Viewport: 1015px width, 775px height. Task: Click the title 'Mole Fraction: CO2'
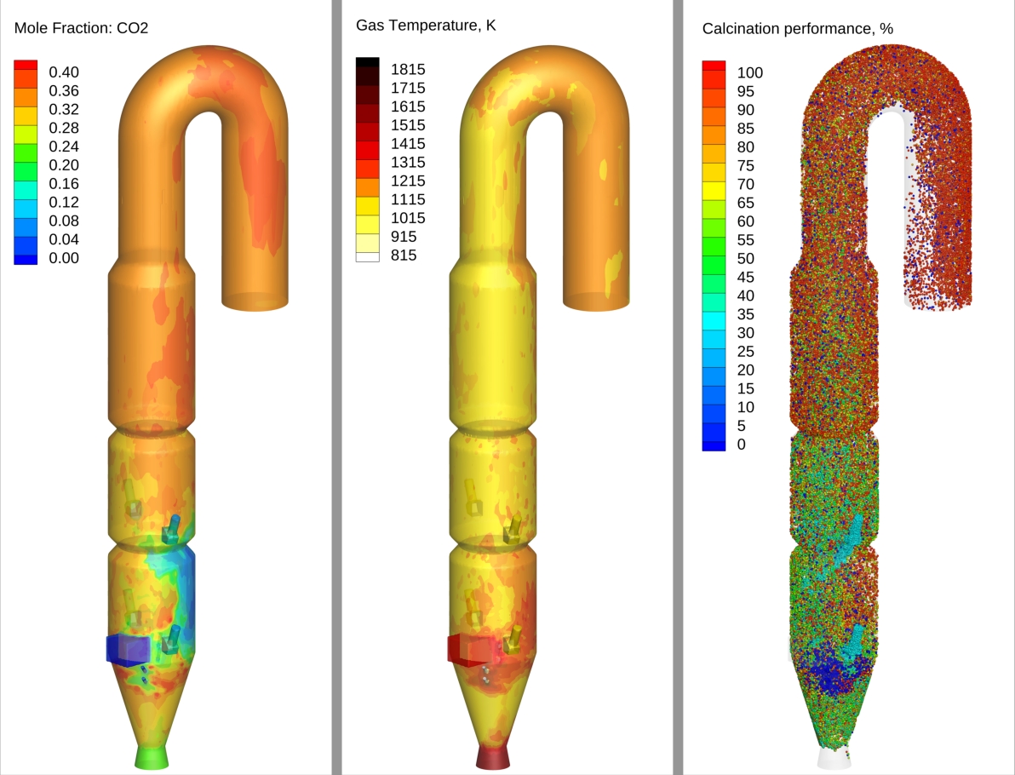tap(81, 28)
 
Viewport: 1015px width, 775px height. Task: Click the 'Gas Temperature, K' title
tap(426, 26)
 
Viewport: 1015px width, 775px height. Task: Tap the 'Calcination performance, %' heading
tap(798, 28)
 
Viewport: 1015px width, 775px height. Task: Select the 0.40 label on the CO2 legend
tap(64, 72)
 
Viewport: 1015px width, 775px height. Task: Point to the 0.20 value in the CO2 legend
tap(64, 165)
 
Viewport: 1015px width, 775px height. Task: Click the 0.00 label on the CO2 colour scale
tap(64, 258)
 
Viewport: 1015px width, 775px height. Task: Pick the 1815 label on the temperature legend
tap(408, 69)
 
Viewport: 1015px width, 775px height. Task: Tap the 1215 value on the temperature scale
tap(408, 181)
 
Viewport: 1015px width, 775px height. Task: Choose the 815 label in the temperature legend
tap(404, 255)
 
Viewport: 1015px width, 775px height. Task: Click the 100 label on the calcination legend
tap(749, 72)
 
